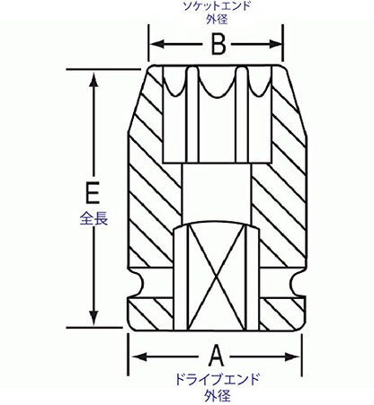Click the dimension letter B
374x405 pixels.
coord(218,44)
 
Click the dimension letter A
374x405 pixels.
coord(216,356)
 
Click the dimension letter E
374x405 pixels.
coord(93,192)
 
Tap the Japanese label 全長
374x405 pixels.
coord(93,218)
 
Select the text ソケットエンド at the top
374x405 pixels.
coord(217,6)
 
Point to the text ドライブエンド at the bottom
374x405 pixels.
coord(217,379)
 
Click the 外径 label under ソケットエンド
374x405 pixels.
coord(217,19)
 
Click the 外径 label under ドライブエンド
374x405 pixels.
coord(218,396)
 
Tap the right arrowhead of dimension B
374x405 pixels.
coord(275,44)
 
